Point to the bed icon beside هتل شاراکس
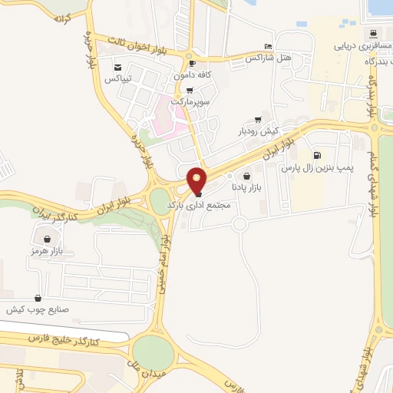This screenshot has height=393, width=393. [x=267, y=46]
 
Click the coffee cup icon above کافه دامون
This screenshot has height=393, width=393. [x=192, y=64]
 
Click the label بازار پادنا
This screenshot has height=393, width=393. [x=247, y=187]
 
